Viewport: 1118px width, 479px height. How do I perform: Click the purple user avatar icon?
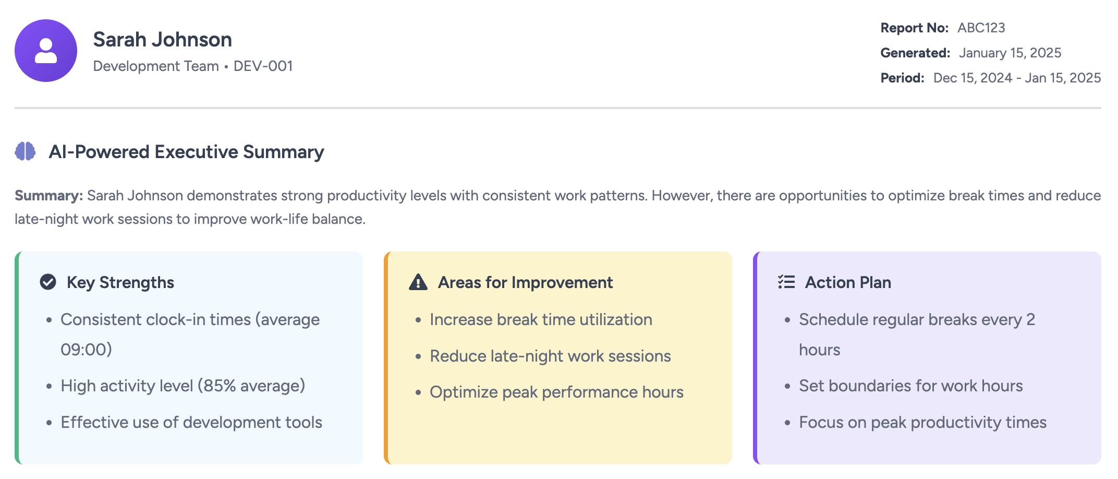pos(46,51)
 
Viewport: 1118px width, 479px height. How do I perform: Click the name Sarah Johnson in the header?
pos(162,40)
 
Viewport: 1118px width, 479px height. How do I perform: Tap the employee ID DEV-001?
pos(263,66)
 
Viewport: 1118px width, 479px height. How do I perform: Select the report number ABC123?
pos(981,28)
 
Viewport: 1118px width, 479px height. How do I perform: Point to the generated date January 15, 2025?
pos(1010,53)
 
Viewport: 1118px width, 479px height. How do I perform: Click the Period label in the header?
pos(902,78)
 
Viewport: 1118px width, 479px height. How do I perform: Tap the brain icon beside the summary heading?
pos(25,151)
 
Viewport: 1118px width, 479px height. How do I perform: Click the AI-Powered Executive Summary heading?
pos(186,152)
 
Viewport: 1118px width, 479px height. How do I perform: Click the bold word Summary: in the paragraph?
pos(48,196)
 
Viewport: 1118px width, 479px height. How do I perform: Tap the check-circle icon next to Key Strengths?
pos(48,282)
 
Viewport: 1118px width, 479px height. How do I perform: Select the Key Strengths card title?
pos(120,282)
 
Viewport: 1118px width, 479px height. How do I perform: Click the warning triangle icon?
pos(418,282)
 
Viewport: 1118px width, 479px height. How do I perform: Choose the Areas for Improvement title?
pos(525,282)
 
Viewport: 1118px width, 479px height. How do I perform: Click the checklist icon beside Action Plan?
pos(786,282)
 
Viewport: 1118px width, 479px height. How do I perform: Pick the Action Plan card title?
pos(848,282)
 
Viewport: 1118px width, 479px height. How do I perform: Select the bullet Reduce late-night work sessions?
pos(550,356)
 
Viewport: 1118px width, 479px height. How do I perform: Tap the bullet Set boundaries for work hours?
pos(910,386)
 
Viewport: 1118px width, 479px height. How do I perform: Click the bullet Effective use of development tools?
pos(191,422)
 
